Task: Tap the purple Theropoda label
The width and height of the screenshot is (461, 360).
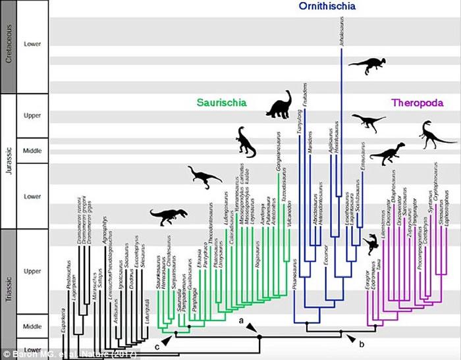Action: [x=417, y=103]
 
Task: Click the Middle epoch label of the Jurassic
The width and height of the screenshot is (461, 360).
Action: [x=32, y=151]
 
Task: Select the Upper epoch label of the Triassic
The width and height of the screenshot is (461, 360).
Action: [x=32, y=271]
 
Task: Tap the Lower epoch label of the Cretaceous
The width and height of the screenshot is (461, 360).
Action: [x=32, y=45]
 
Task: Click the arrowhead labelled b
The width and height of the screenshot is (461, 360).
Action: [x=353, y=338]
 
